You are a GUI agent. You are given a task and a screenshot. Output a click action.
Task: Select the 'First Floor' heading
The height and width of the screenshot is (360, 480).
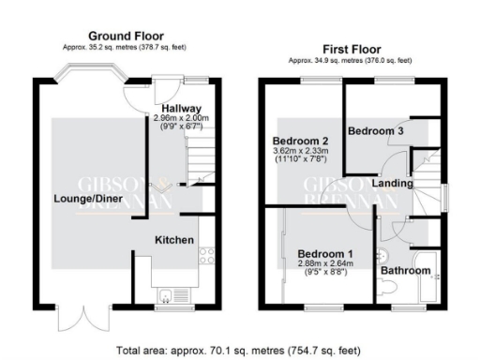point(353,47)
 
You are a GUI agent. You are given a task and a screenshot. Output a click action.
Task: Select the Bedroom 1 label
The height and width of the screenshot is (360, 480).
point(325,254)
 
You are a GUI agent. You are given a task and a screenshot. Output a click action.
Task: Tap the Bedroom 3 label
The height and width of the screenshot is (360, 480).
point(375,131)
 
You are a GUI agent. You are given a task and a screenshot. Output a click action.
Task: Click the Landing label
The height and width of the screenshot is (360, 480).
point(392,184)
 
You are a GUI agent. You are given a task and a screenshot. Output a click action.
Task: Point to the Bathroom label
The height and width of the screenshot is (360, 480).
point(405,271)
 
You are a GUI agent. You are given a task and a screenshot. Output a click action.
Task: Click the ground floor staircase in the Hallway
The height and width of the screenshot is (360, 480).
point(198,155)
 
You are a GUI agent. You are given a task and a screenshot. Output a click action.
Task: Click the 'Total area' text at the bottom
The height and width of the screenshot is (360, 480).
point(238,351)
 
